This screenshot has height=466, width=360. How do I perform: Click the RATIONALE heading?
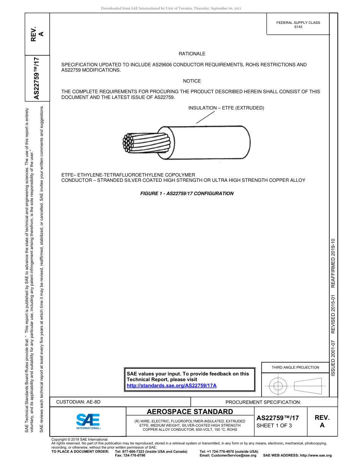click(x=192, y=54)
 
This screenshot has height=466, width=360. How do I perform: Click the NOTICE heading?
click(x=192, y=81)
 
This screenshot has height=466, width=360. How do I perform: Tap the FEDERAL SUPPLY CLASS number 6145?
click(x=298, y=27)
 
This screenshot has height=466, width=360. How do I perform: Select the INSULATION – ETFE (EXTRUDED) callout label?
click(x=226, y=108)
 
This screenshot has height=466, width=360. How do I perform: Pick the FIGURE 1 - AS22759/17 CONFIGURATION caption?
click(x=187, y=194)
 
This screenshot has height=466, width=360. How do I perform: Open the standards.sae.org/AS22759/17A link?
click(x=171, y=386)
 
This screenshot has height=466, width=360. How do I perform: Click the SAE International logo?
click(x=88, y=421)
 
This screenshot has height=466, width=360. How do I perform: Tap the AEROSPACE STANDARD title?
click(x=190, y=412)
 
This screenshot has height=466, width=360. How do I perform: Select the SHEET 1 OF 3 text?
click(x=274, y=425)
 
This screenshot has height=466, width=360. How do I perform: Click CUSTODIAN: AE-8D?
click(x=78, y=402)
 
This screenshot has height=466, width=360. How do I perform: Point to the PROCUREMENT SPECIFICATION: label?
click(x=263, y=402)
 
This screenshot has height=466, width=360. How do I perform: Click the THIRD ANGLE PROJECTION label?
click(x=295, y=367)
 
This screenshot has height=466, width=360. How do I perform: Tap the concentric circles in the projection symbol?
click(x=278, y=386)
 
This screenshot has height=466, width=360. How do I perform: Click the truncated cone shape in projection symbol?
click(x=307, y=386)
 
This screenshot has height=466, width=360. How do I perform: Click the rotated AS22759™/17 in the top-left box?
click(x=37, y=78)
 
